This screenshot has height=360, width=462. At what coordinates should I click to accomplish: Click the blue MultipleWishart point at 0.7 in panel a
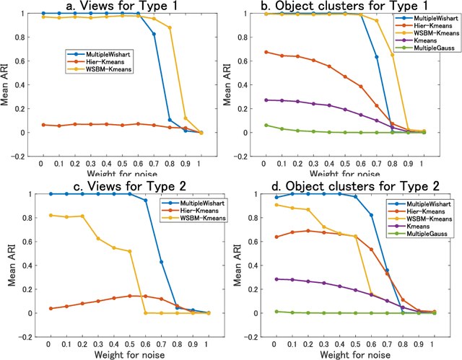[153, 34]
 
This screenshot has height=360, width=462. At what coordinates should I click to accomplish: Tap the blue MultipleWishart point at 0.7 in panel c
[160, 262]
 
